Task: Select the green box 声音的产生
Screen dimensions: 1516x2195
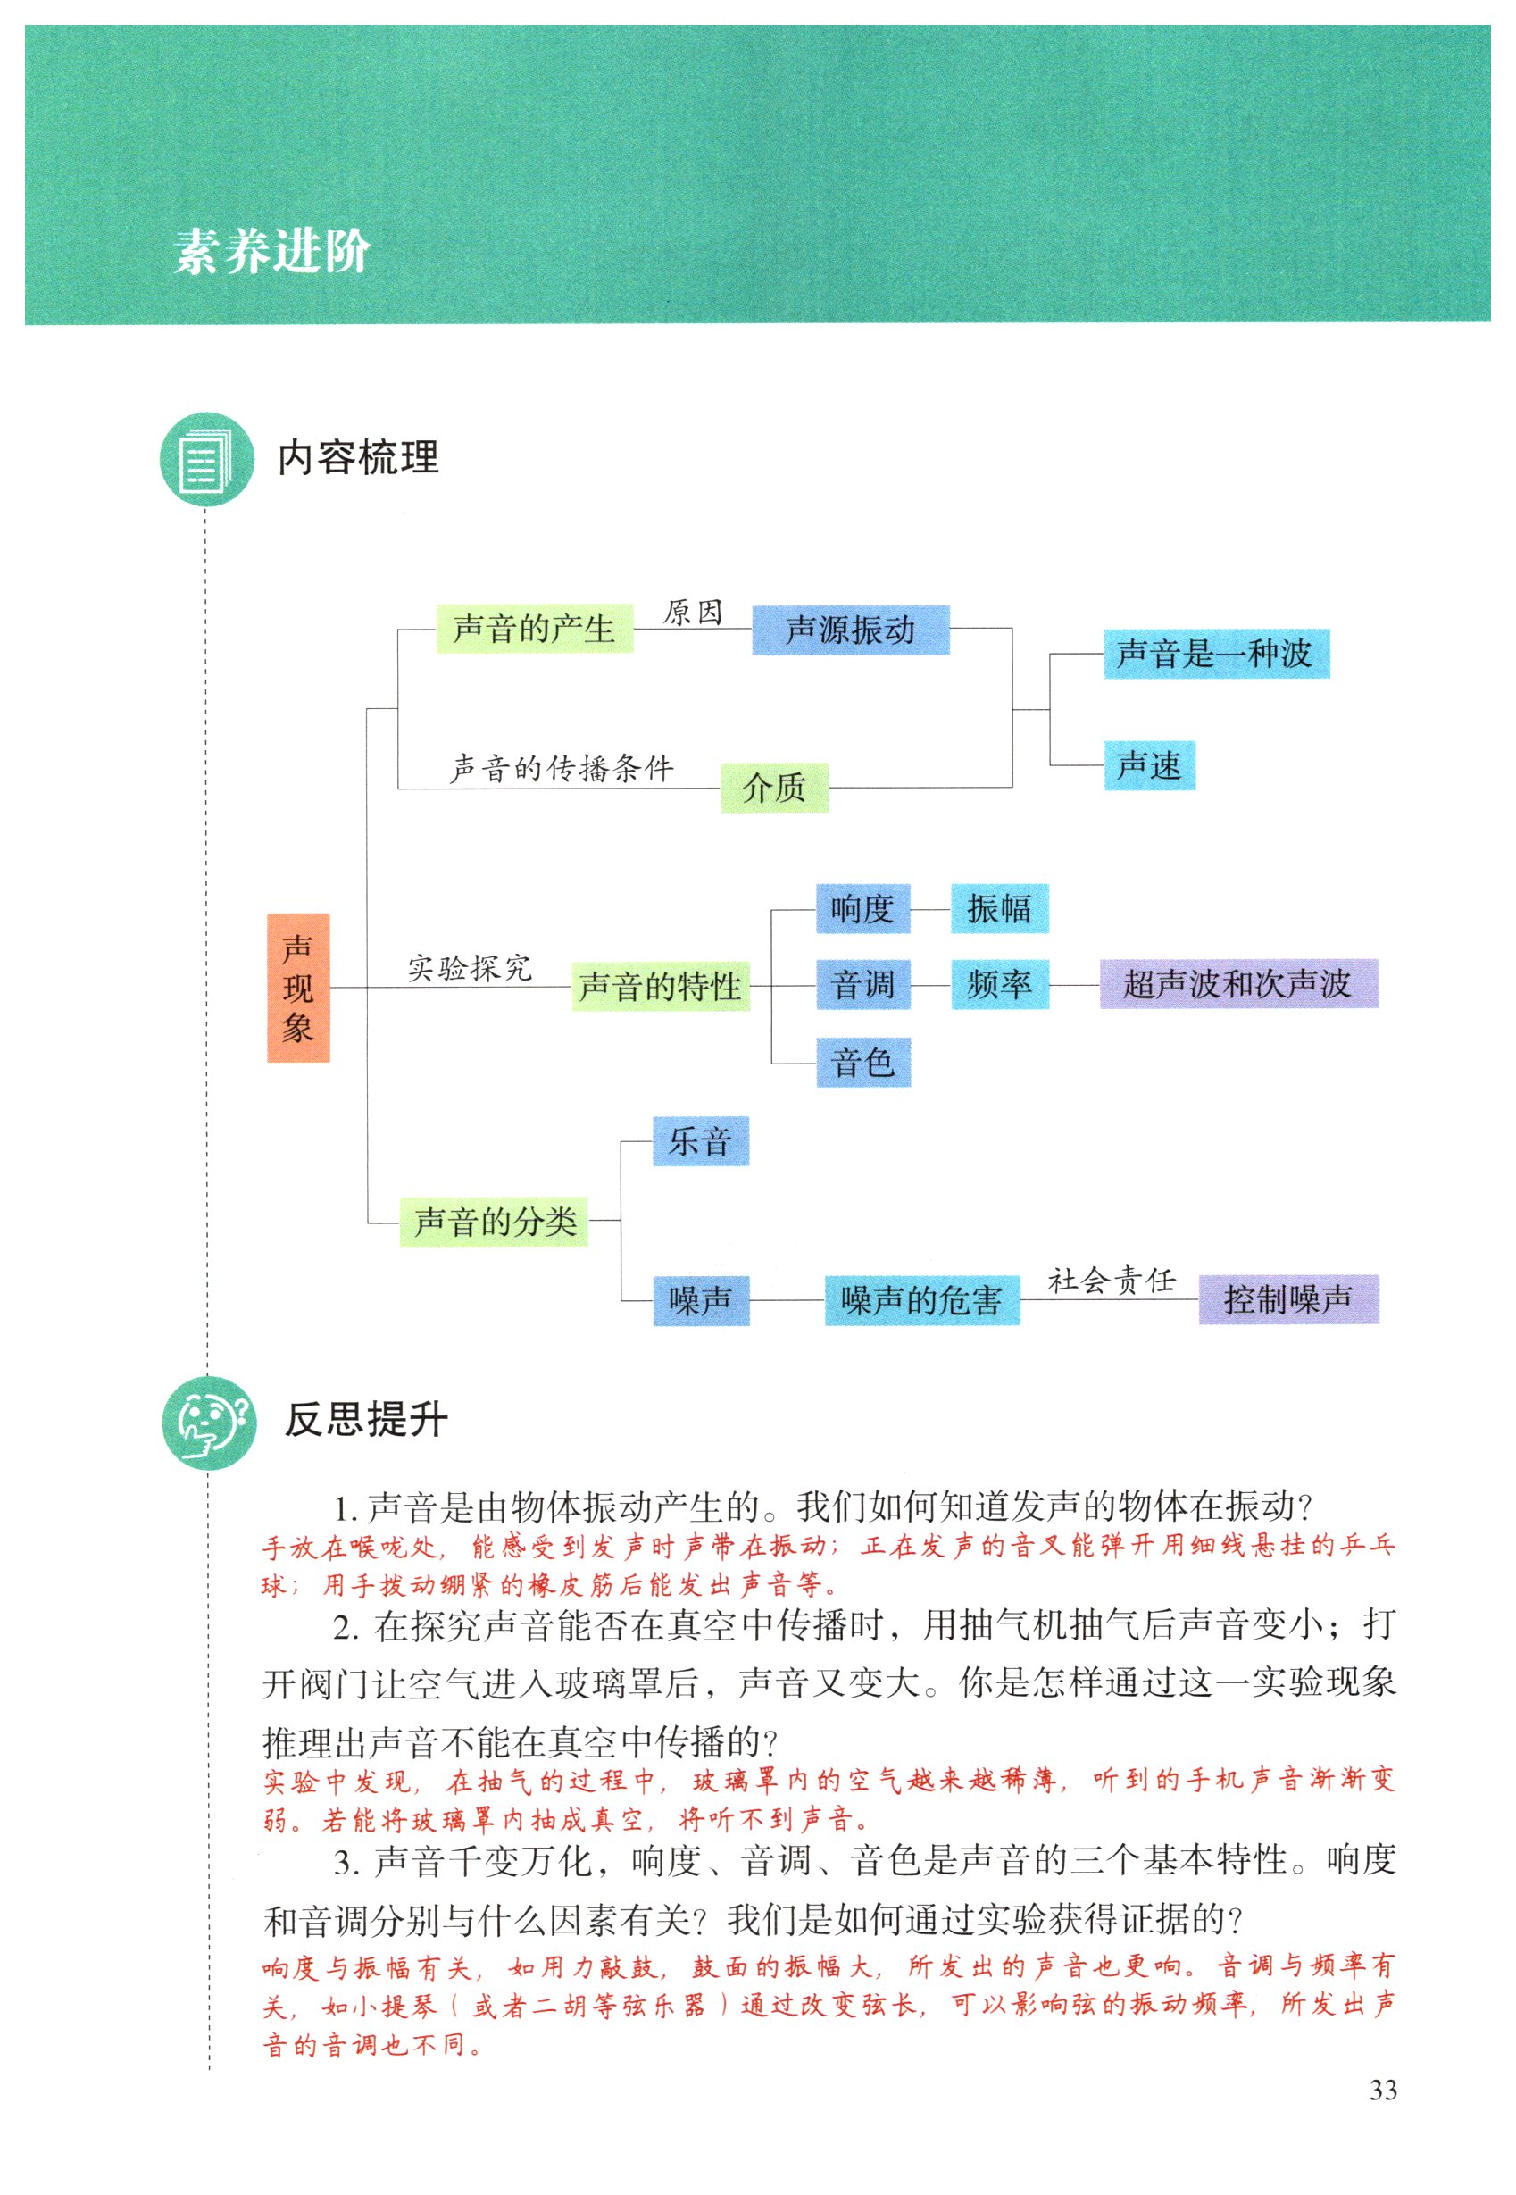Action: (x=534, y=629)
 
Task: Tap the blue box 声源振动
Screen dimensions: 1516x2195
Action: (x=850, y=630)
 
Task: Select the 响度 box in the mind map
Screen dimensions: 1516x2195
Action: (x=862, y=909)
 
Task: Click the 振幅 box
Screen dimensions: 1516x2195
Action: (x=999, y=909)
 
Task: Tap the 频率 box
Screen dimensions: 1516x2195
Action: (x=999, y=984)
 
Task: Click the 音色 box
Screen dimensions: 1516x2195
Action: (x=862, y=1062)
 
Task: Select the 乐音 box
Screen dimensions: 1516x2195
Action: (x=700, y=1140)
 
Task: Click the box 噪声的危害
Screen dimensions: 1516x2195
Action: (x=921, y=1300)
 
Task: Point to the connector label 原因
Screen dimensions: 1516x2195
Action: (x=693, y=613)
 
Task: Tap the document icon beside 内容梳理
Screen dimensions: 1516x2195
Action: (x=206, y=459)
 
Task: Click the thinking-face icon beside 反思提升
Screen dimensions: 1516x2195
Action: (x=208, y=1422)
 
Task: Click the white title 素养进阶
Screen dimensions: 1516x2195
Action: (x=271, y=252)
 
